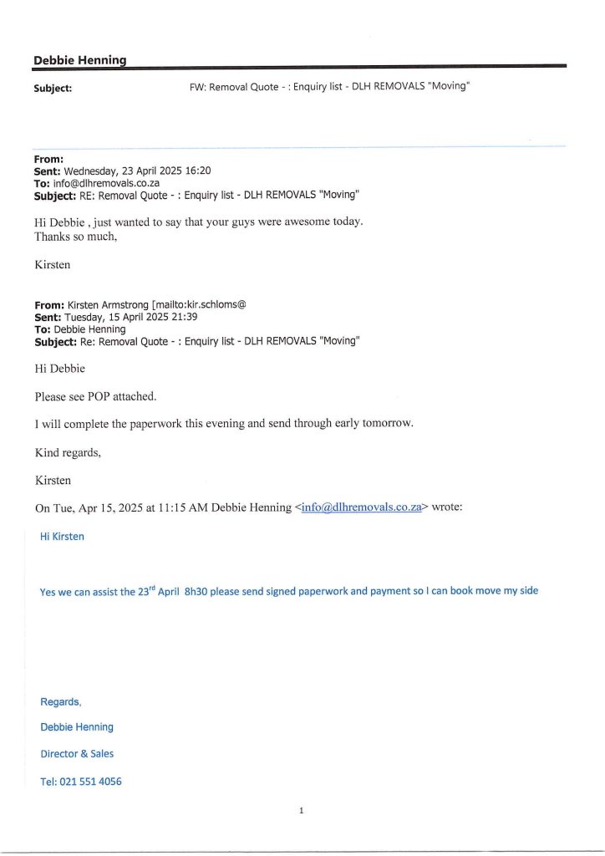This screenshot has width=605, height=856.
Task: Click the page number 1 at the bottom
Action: [x=302, y=809]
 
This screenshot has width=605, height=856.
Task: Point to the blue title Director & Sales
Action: [x=77, y=753]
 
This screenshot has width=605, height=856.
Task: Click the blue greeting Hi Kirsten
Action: [x=62, y=536]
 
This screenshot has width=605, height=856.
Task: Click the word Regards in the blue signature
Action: [x=59, y=701]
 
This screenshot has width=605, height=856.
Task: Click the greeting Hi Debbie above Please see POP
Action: [x=60, y=368]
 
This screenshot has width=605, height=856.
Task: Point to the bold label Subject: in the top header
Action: [x=52, y=86]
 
